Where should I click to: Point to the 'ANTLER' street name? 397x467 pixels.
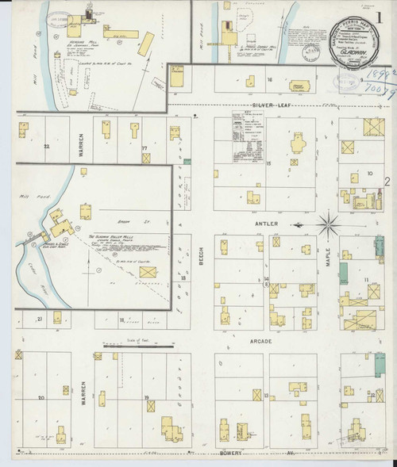point(266,224)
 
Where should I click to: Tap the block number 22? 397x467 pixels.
point(47,147)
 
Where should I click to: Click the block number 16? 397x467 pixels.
point(270,80)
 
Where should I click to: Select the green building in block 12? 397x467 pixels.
point(344,273)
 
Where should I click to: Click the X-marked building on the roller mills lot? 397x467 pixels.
point(147,272)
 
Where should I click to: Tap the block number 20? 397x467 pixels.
point(40,396)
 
